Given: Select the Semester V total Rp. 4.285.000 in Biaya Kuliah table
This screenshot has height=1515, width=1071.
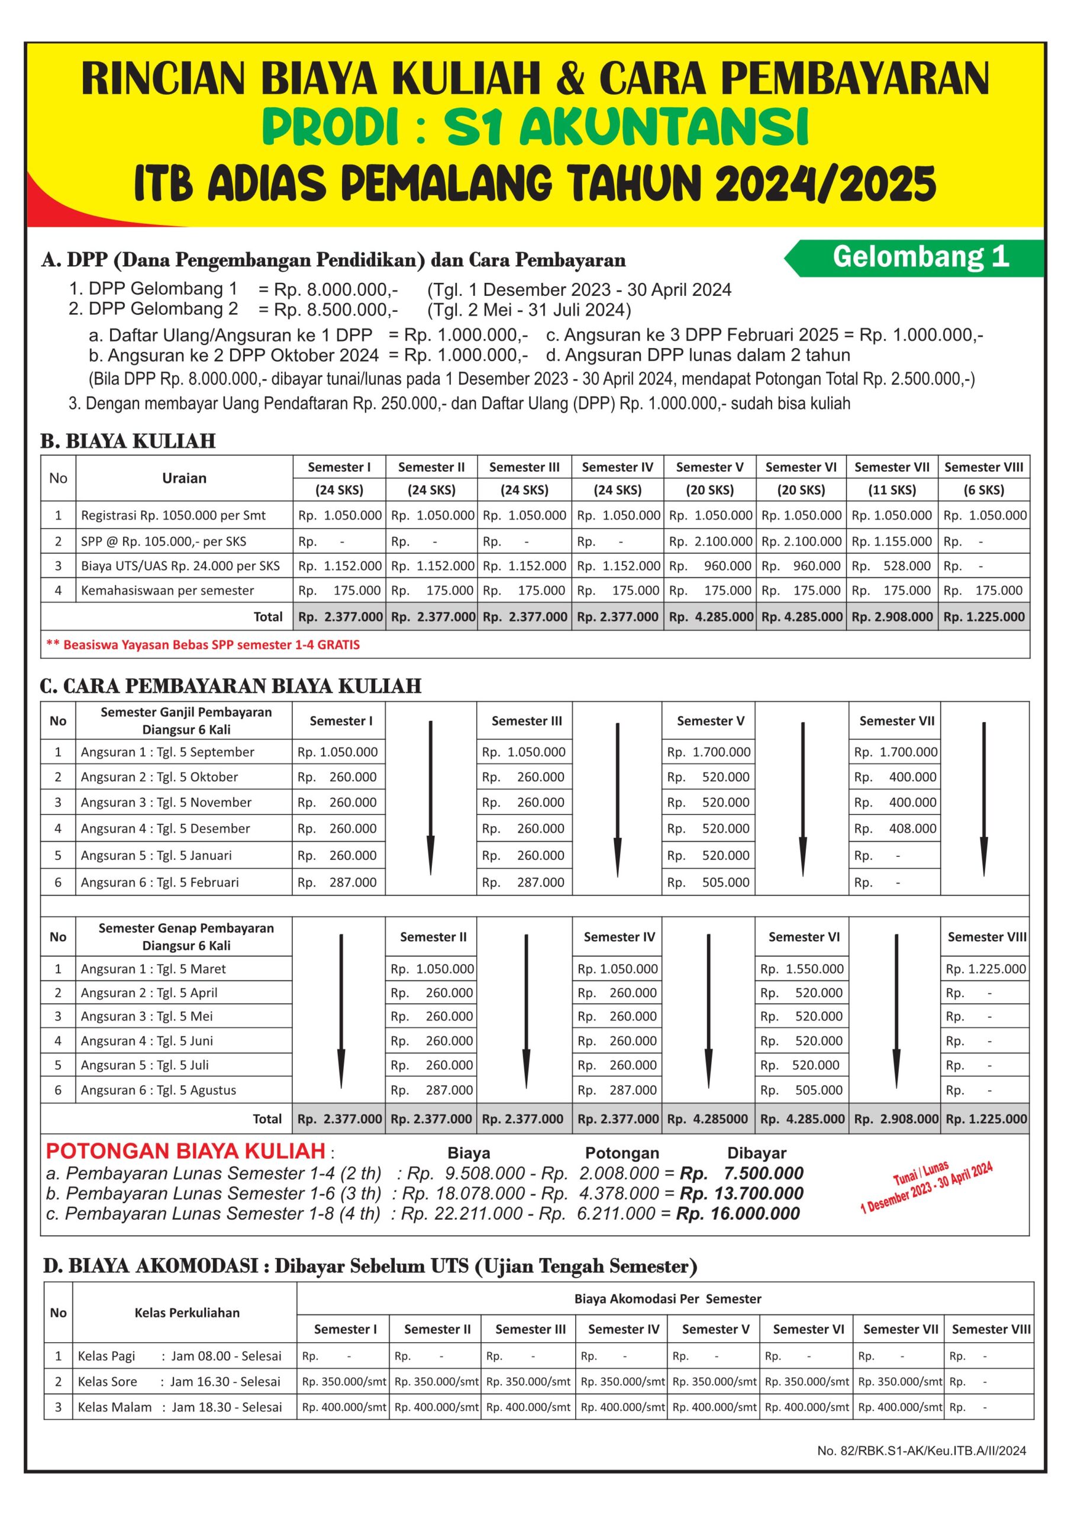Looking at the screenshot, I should coord(710,617).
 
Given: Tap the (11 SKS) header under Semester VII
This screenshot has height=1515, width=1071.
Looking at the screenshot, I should coord(892,489).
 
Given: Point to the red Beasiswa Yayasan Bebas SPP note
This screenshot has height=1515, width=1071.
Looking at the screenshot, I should coord(202,644).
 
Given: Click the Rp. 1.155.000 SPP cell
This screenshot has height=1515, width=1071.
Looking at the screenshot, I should coord(892,541).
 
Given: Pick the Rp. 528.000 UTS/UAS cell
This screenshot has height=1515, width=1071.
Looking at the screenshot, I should coord(892,566).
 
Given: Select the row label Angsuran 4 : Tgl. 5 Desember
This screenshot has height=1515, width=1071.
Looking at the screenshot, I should coord(165,828).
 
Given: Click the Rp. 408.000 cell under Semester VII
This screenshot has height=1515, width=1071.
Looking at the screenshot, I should coord(895,828).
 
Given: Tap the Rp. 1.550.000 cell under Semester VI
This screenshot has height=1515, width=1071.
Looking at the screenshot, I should coord(802,969).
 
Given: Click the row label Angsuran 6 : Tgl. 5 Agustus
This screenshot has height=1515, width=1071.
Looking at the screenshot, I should coord(159,1090).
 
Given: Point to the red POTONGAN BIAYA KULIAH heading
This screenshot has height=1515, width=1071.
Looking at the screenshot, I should coord(185,1151).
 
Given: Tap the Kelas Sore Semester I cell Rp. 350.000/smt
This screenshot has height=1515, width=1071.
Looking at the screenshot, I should coord(343,1381).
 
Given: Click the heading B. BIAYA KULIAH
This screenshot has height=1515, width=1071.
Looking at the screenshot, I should coord(128,441).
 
